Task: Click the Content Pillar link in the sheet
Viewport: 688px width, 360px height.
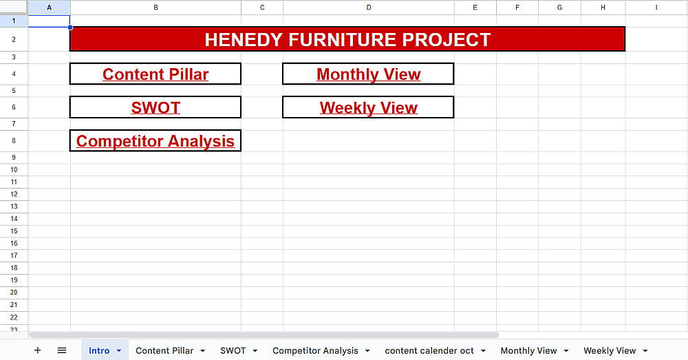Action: tap(155, 74)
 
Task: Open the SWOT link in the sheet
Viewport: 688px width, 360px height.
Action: tap(155, 107)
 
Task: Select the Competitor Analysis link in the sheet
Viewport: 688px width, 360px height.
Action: tap(155, 141)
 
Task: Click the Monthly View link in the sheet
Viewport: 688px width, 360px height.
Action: tap(369, 74)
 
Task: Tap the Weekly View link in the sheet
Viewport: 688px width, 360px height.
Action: tap(369, 107)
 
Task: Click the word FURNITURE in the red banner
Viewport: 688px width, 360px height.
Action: tap(343, 39)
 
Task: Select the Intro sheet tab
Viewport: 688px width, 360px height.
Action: tap(99, 350)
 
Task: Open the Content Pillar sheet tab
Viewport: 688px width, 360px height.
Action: tap(164, 350)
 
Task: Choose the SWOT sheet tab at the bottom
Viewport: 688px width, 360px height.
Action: tap(233, 350)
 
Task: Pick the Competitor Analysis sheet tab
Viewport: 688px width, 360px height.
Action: tap(315, 350)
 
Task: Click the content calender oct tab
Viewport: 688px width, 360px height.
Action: tap(429, 350)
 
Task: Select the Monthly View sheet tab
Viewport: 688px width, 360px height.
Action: tap(528, 350)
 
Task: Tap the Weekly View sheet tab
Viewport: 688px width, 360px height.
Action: tap(610, 350)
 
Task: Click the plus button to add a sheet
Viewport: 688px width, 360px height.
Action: tap(38, 350)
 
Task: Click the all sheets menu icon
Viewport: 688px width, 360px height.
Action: tap(62, 350)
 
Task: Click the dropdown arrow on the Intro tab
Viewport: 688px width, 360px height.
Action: tap(119, 351)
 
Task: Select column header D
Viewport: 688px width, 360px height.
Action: tap(369, 8)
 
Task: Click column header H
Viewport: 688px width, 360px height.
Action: tap(603, 8)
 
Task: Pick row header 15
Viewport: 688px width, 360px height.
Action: tap(14, 231)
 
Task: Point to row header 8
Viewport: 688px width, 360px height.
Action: tap(14, 141)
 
